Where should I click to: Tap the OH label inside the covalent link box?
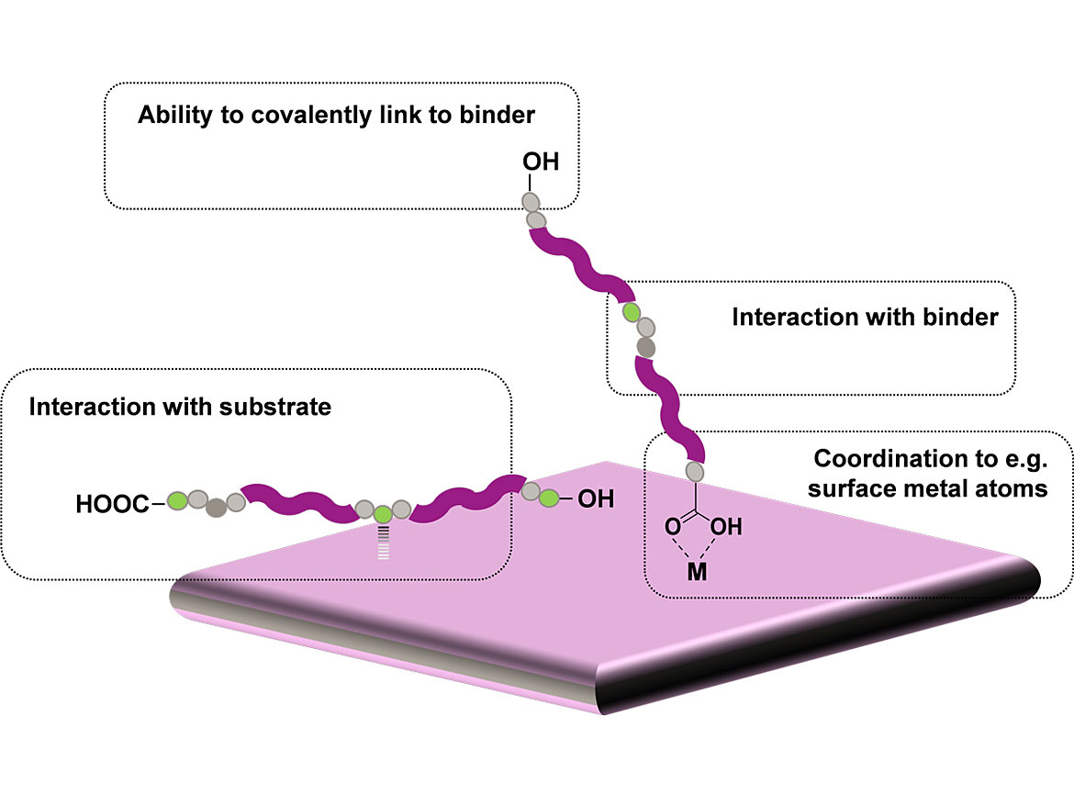click(541, 162)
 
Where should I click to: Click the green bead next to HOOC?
click(177, 500)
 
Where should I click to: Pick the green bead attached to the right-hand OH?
click(549, 498)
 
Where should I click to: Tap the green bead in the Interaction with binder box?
click(632, 312)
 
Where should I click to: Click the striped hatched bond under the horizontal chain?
click(383, 543)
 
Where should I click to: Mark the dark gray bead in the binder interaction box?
click(647, 347)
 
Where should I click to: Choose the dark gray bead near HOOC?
click(217, 507)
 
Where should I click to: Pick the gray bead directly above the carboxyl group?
click(695, 472)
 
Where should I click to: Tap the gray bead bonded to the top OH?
click(530, 201)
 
